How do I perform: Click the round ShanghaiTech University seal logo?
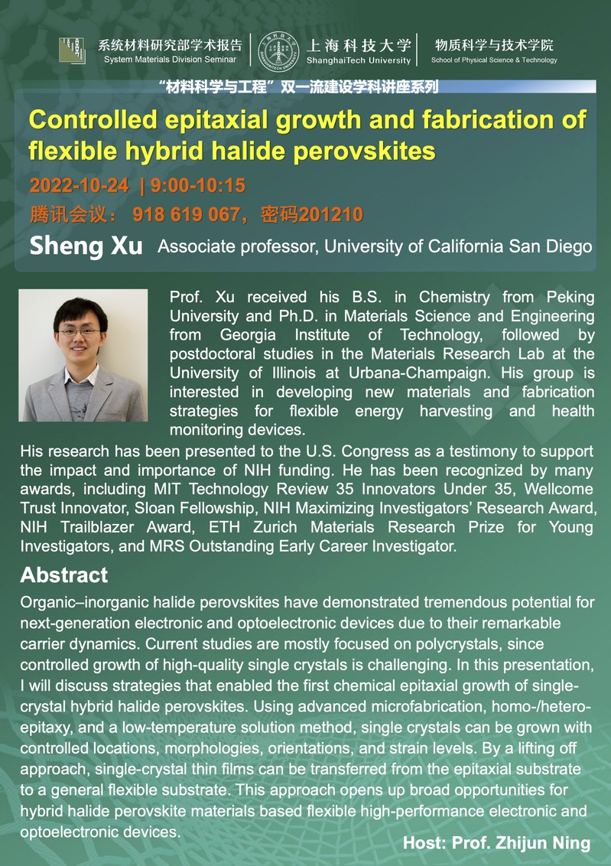coord(278,52)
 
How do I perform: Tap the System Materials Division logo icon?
coord(73,50)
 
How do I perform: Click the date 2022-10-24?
coord(79,186)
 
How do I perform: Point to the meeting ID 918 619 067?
coord(186,214)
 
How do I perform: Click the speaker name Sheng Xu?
coord(86,246)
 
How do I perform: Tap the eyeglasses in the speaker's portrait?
coord(80,333)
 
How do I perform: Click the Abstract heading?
coord(64,575)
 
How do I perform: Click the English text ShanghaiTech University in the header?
coord(359,60)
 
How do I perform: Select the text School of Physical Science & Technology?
coord(494,60)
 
